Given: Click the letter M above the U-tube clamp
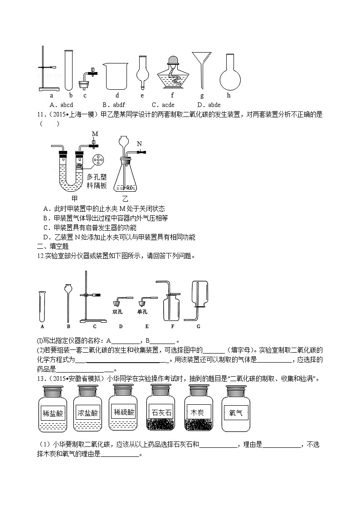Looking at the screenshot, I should click(x=95, y=134).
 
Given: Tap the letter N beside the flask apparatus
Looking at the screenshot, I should click(x=139, y=144).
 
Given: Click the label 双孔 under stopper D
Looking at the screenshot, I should click(x=118, y=311).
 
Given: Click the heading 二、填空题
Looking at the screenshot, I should click(x=53, y=246).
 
